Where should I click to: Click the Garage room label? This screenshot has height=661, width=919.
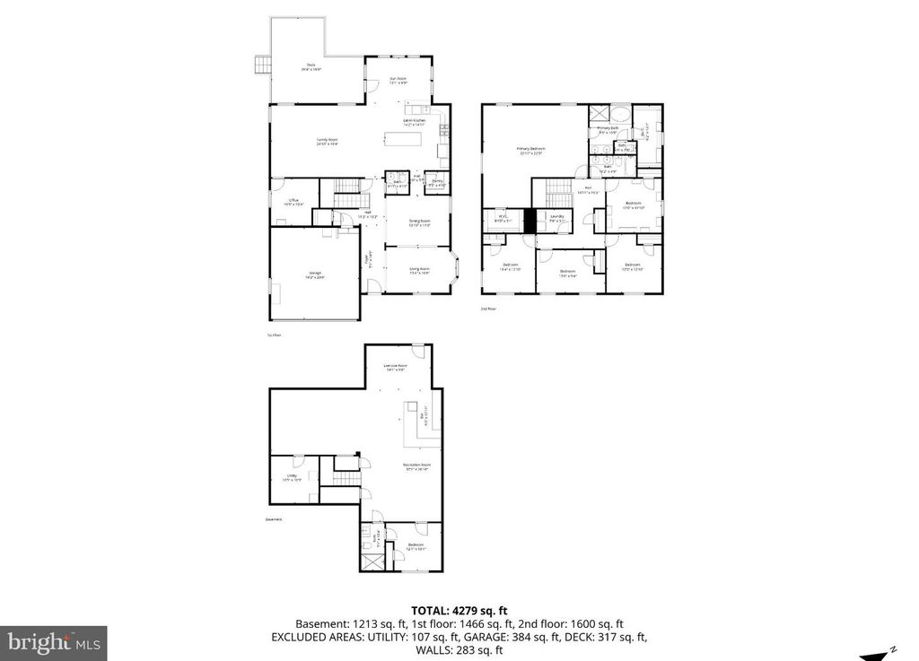click(316, 274)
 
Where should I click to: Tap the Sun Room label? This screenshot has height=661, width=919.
click(398, 81)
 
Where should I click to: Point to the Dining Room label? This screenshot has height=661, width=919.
click(420, 222)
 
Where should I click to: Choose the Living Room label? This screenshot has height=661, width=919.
click(419, 270)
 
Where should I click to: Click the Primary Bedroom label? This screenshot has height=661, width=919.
click(530, 150)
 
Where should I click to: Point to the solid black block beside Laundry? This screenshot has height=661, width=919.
click(530, 221)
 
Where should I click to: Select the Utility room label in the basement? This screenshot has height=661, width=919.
click(292, 477)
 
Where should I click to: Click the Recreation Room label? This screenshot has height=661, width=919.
click(417, 465)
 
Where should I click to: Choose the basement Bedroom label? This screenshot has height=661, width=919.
click(416, 546)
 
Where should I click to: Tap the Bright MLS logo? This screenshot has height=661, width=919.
click(54, 643)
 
